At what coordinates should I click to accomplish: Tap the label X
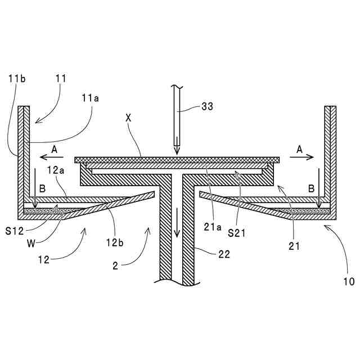coord(128,119)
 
